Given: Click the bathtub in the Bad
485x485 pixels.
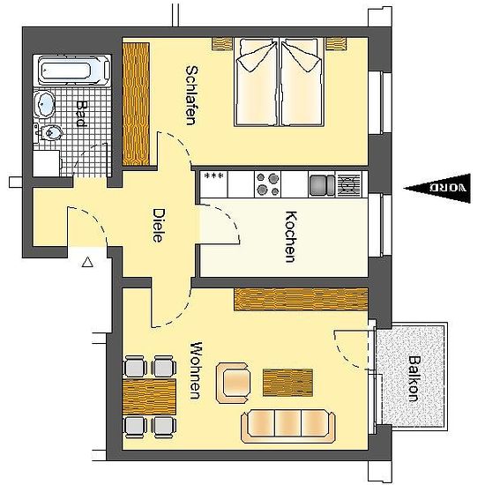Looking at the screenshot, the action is point(74,71).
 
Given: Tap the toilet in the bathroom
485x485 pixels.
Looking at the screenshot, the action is point(48,133).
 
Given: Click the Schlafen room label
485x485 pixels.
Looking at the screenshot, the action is point(191,95).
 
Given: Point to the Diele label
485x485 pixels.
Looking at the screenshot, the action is point(158,225).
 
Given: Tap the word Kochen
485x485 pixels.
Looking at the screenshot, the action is point(291,236).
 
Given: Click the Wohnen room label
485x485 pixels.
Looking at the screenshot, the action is point(196,370).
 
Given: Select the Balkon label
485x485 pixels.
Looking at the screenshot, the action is point(414,378).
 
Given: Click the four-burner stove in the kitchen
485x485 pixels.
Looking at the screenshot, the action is point(267,184).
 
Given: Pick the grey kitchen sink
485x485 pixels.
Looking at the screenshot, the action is point(322,184).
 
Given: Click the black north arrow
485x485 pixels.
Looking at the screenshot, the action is point(437,189).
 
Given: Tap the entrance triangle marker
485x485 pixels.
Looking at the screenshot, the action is point(87,262).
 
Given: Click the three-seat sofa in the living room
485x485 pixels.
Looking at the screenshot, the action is point(288,426).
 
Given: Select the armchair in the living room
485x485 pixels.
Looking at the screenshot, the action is point(234,383).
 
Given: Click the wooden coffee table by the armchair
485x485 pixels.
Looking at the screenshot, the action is point(287,383).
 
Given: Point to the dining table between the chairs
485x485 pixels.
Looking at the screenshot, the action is point(149,397).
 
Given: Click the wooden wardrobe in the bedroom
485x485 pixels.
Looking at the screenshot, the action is point(136,104).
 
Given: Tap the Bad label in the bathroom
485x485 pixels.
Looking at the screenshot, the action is point(81,114).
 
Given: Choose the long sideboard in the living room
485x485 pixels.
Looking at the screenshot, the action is point(301,300).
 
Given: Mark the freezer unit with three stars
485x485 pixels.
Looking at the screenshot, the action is point(213,184).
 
